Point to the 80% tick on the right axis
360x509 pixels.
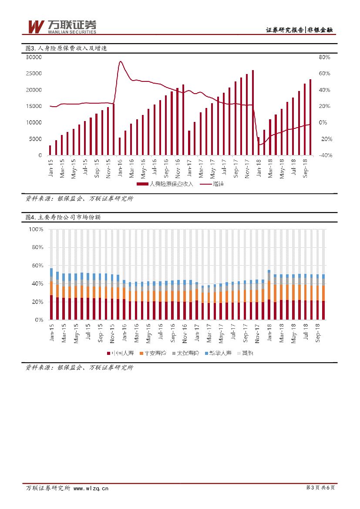(325, 57)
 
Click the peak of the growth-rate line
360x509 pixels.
(120, 61)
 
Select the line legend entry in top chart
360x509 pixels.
(213, 184)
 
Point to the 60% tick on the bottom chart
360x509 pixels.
(37, 266)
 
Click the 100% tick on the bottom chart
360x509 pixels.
(36, 229)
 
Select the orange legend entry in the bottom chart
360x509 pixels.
(155, 354)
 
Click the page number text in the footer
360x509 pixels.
(320, 488)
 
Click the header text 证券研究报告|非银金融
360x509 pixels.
(302, 30)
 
